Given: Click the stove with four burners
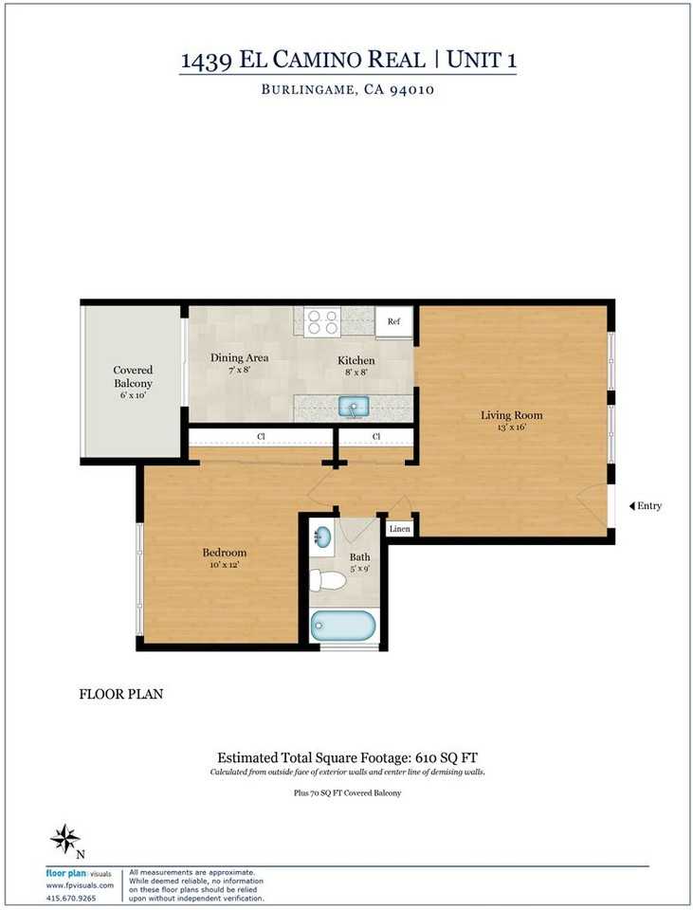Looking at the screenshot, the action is click(322, 321).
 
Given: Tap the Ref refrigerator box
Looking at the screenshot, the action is click(393, 321).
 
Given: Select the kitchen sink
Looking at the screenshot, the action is click(354, 407).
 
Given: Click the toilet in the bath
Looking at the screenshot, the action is click(327, 580).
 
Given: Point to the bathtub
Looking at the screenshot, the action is click(342, 626).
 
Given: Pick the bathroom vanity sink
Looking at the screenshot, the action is click(321, 537).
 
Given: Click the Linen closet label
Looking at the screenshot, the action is click(399, 529).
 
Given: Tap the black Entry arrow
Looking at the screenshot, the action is click(632, 506).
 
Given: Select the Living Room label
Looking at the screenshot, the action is click(511, 415).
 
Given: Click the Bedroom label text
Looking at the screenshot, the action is click(225, 553).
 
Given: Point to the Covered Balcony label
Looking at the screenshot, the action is click(133, 376).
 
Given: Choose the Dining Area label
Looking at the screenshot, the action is click(239, 357).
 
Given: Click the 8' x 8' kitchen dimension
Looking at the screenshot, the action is click(356, 372).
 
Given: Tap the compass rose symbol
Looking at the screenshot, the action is click(64, 839).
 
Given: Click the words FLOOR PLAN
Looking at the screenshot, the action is click(121, 694).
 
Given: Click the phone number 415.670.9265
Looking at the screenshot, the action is click(71, 899).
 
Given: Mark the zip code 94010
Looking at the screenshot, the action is click(412, 90).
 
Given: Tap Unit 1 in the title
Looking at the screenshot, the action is click(482, 60).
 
